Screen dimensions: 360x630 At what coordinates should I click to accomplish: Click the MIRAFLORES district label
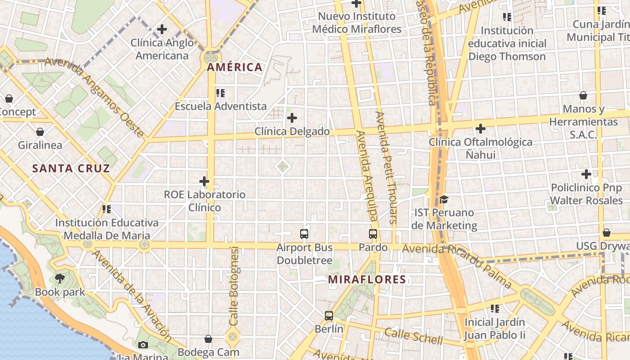coord(367,279)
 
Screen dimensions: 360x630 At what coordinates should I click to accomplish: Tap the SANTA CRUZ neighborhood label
coord(71,169)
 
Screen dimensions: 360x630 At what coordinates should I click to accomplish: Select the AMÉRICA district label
coord(234,67)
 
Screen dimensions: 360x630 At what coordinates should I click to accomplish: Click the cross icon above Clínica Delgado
coord(292,118)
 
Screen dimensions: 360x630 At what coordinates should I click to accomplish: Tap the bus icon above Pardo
coord(373,234)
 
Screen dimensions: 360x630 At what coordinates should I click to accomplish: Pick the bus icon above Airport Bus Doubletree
coord(304,234)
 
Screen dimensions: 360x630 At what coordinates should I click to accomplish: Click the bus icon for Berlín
coord(329,316)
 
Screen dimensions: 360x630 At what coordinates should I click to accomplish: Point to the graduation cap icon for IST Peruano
coord(444,199)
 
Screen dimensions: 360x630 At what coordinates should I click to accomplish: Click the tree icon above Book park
coord(60,279)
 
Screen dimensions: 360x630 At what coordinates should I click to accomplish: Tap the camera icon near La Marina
coord(143,345)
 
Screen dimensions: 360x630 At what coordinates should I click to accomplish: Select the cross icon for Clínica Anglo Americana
coord(162,30)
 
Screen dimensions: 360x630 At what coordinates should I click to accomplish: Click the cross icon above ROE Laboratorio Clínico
coord(204,181)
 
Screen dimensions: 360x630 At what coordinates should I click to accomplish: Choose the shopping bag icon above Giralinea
coord(40,132)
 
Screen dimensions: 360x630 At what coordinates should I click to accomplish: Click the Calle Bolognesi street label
coord(234,286)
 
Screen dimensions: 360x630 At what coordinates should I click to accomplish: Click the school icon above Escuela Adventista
coord(220,93)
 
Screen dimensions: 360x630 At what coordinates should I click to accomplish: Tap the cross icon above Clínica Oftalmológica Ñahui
coord(481,129)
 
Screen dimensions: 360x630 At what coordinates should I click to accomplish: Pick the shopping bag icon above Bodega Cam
coord(208,338)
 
